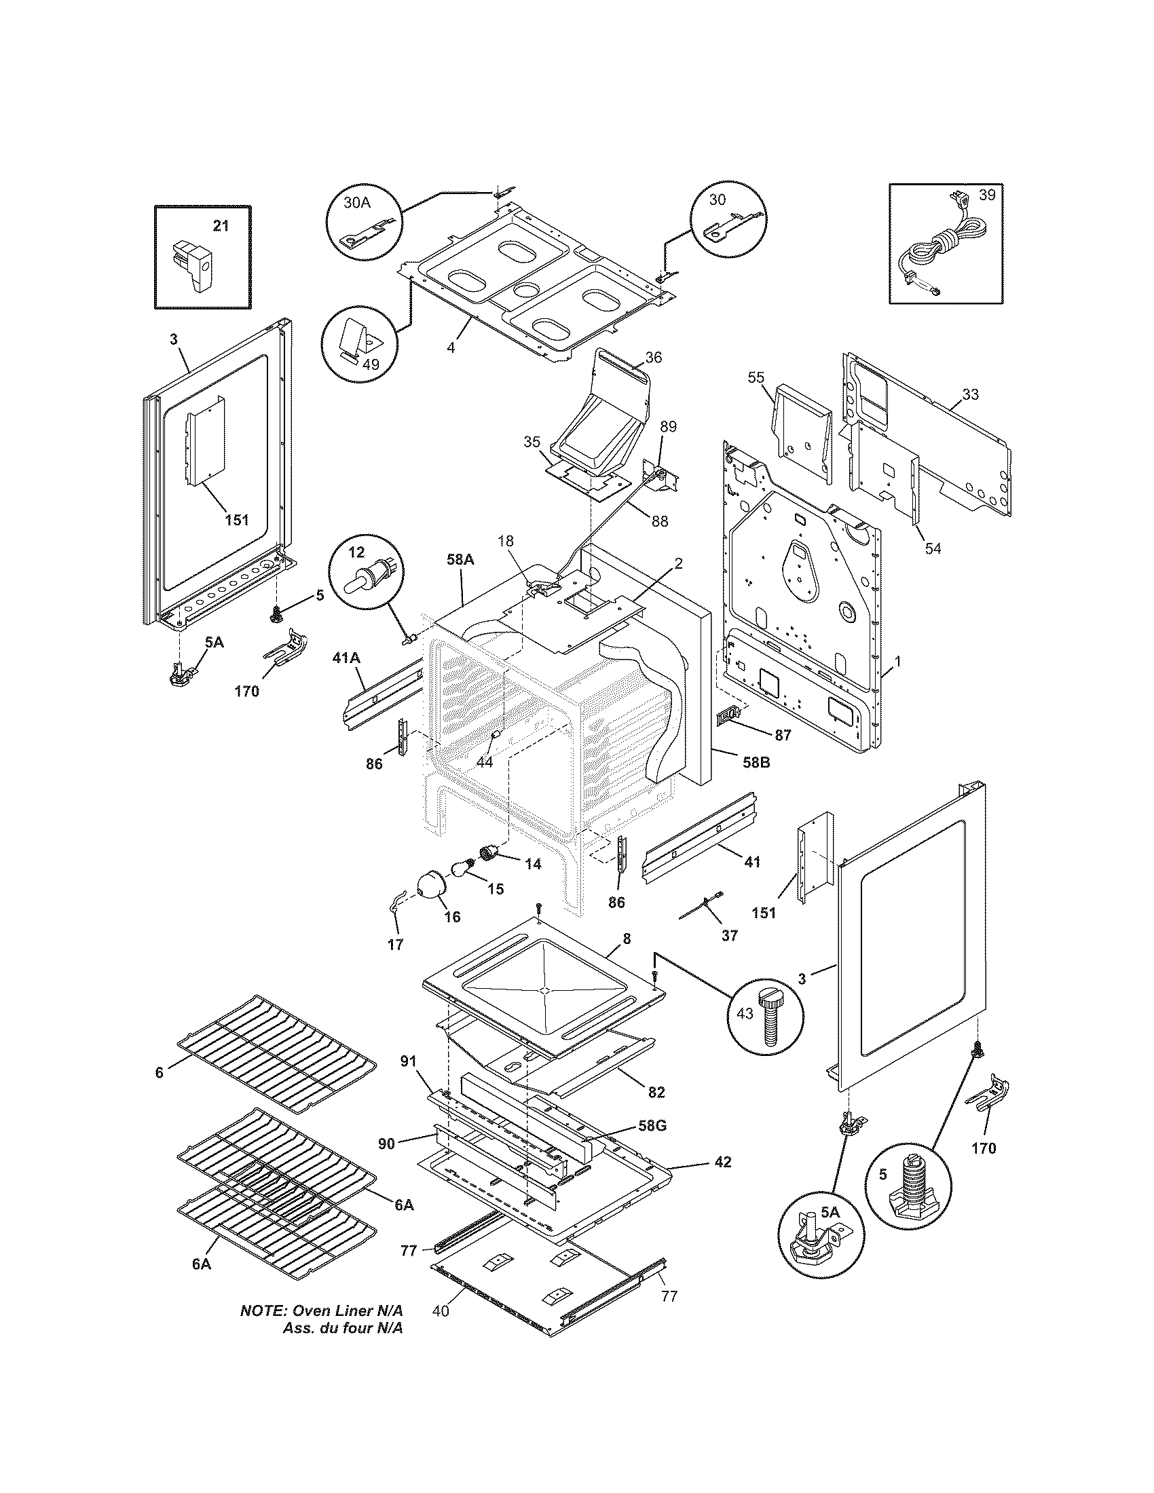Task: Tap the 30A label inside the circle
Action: [356, 202]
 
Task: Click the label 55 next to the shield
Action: [756, 377]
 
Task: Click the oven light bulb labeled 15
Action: [464, 871]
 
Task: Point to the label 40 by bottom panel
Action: [441, 1330]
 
